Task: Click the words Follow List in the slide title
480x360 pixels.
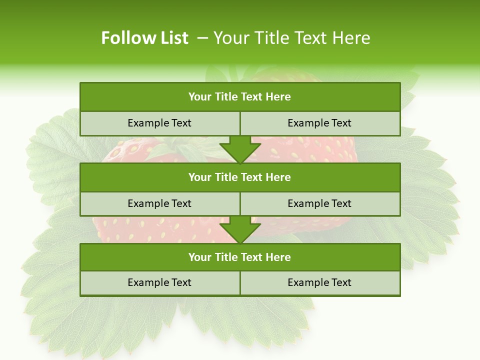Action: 144,38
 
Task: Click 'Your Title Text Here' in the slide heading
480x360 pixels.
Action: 291,38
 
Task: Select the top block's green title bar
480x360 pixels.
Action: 240,97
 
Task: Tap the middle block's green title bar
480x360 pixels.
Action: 240,177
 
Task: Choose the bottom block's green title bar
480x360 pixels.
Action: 240,257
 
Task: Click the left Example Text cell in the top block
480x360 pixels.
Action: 159,123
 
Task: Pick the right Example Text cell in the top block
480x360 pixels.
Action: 319,123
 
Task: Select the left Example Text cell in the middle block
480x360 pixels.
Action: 159,204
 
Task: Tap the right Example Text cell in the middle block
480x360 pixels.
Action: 319,204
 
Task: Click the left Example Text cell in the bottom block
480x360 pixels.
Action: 159,283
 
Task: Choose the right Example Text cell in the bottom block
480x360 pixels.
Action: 319,283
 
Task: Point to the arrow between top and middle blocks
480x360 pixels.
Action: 240,150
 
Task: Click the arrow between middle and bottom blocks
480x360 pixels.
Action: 240,230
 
